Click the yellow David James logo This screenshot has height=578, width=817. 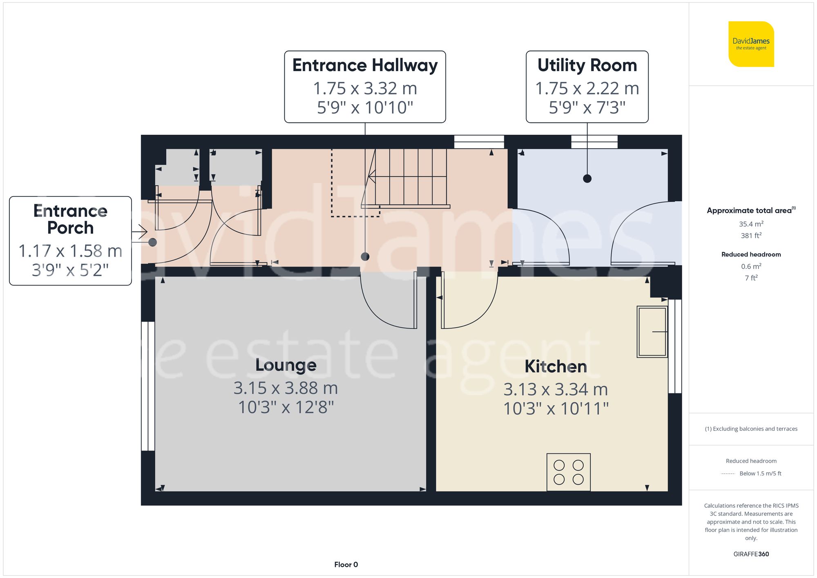point(751,44)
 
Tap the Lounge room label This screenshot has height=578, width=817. point(286,365)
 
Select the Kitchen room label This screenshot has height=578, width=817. point(556,366)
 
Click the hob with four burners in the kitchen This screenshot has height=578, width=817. point(568,472)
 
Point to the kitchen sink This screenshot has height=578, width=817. point(652,332)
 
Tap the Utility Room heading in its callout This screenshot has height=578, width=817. point(587,65)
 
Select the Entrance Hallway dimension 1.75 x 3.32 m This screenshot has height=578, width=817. point(365,88)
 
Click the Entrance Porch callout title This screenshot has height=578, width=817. point(70,219)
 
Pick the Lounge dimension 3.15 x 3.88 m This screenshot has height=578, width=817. point(286,388)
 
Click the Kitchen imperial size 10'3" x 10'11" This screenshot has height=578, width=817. point(556,408)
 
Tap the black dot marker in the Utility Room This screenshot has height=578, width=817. point(587,179)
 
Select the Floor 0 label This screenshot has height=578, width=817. point(346,565)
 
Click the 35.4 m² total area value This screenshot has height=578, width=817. point(751,224)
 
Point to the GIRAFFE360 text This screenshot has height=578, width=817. point(751,554)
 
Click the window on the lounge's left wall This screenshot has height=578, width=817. point(148,386)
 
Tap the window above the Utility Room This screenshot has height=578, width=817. point(594,142)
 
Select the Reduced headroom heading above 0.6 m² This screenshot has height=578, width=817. point(751,254)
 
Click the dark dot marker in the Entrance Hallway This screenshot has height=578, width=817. point(365,257)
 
